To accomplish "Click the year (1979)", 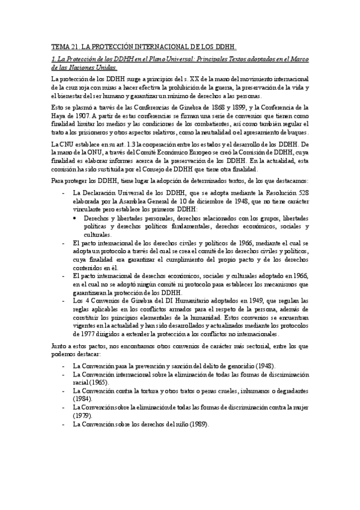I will tap(82, 415).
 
